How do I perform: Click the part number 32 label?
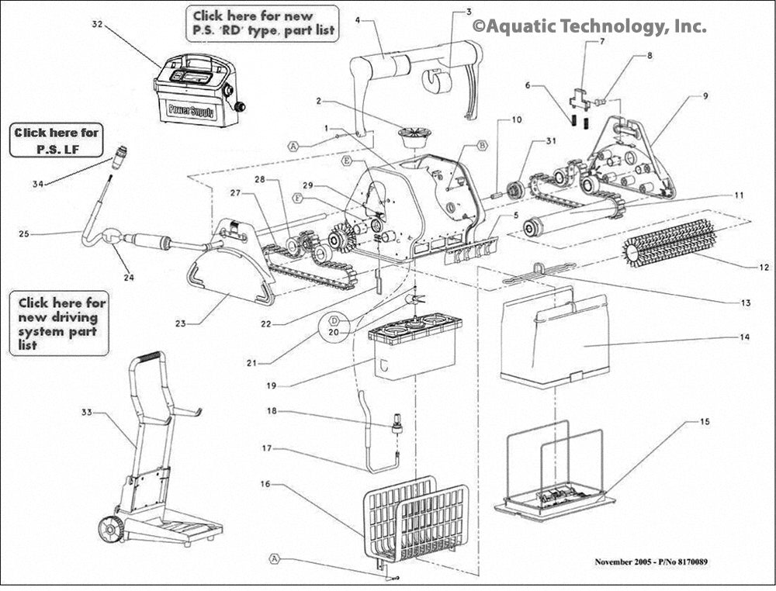97,25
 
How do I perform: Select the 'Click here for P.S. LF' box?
57,140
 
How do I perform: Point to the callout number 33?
86,413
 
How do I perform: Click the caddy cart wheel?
110,529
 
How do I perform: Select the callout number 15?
704,421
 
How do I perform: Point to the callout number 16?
265,484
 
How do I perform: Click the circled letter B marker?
481,145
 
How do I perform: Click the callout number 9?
705,96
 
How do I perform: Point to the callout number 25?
23,232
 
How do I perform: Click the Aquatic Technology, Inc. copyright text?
590,26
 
